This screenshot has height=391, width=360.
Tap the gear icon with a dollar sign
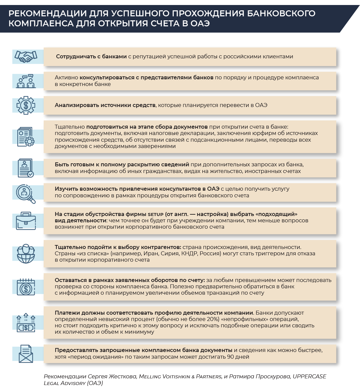[x=26, y=105]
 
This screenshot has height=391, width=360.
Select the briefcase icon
[x=26, y=220]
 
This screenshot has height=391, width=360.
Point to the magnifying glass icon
[x=26, y=193]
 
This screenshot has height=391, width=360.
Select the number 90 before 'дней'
[x=231, y=357]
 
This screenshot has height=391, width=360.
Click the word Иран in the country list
[x=151, y=253]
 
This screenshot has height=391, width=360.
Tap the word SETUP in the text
[x=156, y=214]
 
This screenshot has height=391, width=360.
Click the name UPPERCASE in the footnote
[x=309, y=376]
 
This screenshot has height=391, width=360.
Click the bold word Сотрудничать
[x=77, y=57]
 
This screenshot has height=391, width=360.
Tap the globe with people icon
[x=26, y=254]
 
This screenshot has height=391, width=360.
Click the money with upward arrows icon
[x=26, y=322]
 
